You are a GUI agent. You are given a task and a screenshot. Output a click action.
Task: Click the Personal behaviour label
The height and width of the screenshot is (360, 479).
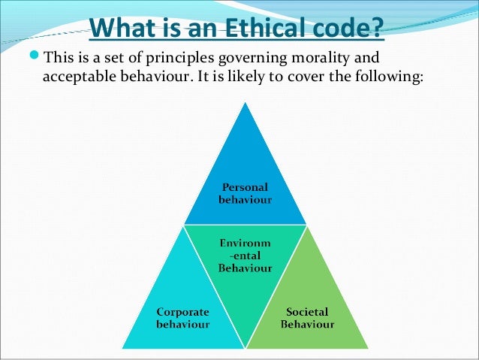point(245,193)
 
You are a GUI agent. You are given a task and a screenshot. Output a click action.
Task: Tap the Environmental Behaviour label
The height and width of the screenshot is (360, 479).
point(245,256)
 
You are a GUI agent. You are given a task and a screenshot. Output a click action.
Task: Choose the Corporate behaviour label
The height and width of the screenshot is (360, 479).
point(182,318)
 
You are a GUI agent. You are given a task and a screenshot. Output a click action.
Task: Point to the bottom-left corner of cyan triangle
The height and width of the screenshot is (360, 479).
point(123,348)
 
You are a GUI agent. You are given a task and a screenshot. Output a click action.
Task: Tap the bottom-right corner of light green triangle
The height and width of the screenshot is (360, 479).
point(369,348)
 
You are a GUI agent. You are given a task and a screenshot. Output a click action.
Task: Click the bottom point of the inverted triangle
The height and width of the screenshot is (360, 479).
point(245,348)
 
